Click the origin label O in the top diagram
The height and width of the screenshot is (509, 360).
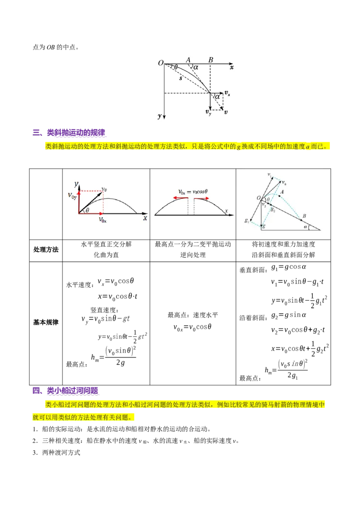point(160,63)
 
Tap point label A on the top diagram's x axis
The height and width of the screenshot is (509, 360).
point(188,60)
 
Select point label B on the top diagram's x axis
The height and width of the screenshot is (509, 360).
point(211,60)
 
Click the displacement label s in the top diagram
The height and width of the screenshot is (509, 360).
point(181,78)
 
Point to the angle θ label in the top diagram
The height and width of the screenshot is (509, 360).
point(176,67)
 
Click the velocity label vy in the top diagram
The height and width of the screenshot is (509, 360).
point(208,112)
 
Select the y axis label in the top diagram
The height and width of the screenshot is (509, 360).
point(160,116)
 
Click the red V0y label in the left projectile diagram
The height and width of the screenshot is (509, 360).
point(72,196)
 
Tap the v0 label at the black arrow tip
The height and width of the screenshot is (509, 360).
point(104,189)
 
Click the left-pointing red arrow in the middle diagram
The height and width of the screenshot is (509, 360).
point(180,197)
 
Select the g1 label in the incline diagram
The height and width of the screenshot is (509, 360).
point(246,220)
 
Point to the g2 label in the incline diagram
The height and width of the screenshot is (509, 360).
point(273,210)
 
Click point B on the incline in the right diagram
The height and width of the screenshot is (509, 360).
point(304,216)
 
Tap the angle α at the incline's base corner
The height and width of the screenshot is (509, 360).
point(306,227)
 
